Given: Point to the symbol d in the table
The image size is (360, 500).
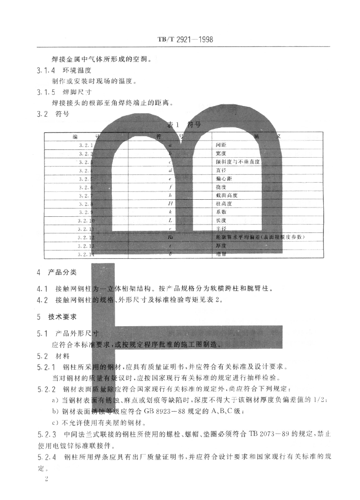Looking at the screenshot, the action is click(169, 170).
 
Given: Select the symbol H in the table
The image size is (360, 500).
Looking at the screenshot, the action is click(169, 204).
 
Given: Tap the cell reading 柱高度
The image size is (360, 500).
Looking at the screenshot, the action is click(223, 204).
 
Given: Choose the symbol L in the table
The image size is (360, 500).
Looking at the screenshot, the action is click(169, 221).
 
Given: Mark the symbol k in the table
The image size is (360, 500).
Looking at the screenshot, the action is click(169, 212).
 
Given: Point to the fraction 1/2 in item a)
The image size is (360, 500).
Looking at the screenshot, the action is click(320, 400).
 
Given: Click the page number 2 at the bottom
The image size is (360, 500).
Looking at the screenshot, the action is click(46, 479).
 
